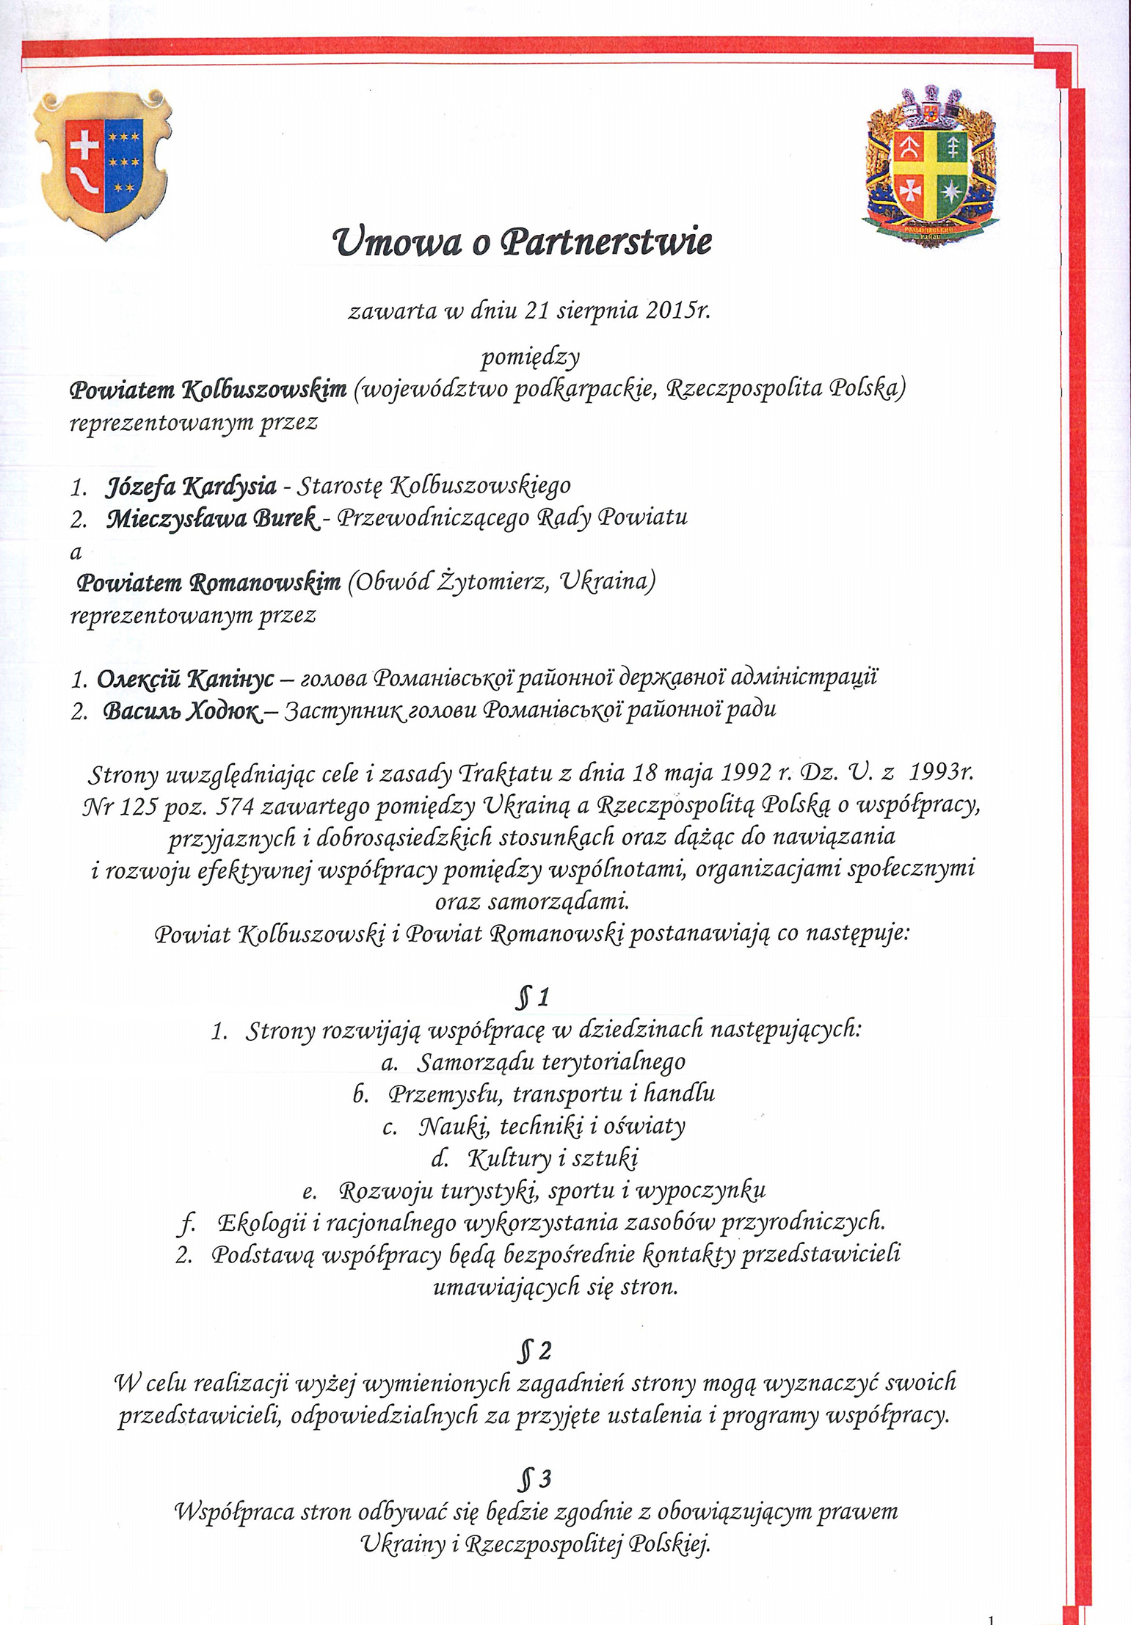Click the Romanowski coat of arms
coord(931,166)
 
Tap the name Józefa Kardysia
coord(192,485)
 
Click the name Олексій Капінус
coord(185,678)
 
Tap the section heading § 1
coord(533,997)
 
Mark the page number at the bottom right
coord(991,1617)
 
